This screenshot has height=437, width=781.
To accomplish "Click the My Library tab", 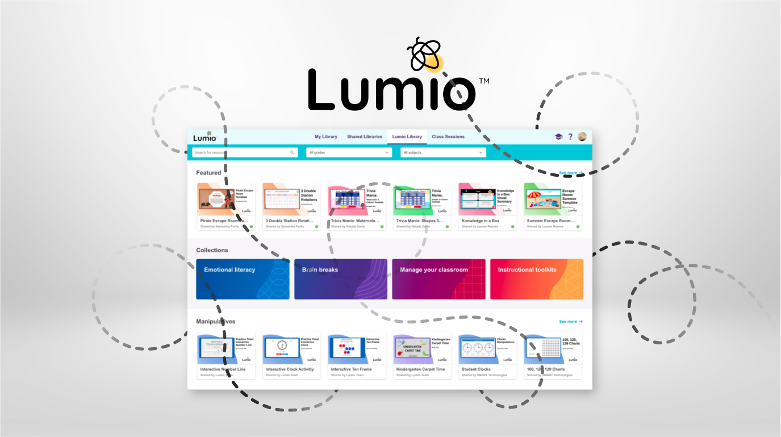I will pyautogui.click(x=326, y=137).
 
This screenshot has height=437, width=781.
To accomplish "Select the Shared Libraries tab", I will pyautogui.click(x=365, y=137).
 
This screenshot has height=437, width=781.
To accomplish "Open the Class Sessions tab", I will pyautogui.click(x=448, y=137).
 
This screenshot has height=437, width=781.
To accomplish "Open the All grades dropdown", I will pyautogui.click(x=349, y=152).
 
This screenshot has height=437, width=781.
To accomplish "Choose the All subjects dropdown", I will pyautogui.click(x=443, y=152).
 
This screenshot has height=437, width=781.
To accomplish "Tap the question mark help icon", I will pyautogui.click(x=570, y=137).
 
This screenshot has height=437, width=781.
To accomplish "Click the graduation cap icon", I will pyautogui.click(x=559, y=137).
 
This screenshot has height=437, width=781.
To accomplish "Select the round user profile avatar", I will pyautogui.click(x=582, y=137).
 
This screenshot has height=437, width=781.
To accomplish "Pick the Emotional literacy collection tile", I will pyautogui.click(x=243, y=279).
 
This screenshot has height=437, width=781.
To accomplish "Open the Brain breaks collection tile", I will pyautogui.click(x=341, y=279).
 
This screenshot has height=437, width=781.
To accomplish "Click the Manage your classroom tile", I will pyautogui.click(x=438, y=279).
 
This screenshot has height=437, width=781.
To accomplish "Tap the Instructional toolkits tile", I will pyautogui.click(x=537, y=279).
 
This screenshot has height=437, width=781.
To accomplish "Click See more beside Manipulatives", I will pyautogui.click(x=571, y=322).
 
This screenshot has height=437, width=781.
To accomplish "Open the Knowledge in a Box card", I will pyautogui.click(x=487, y=207).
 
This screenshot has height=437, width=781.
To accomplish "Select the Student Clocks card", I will pyautogui.click(x=487, y=355).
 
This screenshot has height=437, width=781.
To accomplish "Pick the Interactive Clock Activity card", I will pyautogui.click(x=291, y=355).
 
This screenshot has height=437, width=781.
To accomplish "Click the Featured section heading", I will pyautogui.click(x=208, y=173).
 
